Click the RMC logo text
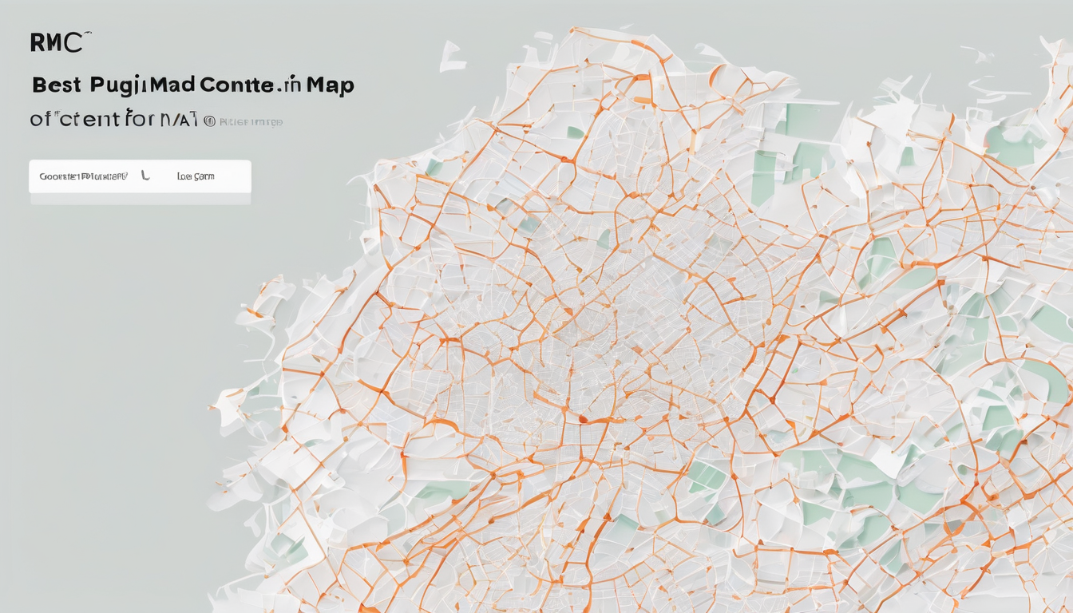click(56, 42)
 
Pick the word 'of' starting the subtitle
click(41, 120)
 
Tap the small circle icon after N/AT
click(209, 121)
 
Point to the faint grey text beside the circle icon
click(251, 122)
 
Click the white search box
click(140, 176)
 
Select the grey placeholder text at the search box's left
click(83, 176)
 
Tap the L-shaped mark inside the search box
click(145, 175)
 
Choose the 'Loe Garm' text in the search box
click(196, 176)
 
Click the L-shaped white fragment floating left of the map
click(451, 57)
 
